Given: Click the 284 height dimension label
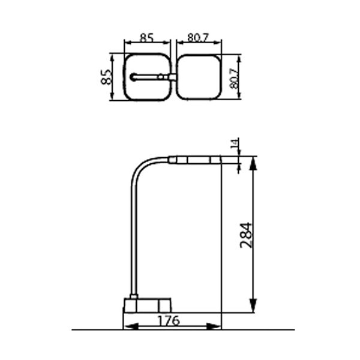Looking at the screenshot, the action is pos(246,235).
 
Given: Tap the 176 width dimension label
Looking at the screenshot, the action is pos(169,320).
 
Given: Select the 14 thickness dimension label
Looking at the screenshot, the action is pos(235,143).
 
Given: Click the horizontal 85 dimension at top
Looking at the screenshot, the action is pos(147,38).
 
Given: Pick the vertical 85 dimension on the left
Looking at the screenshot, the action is pos(106,77).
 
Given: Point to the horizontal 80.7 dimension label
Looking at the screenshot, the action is pos(198,38).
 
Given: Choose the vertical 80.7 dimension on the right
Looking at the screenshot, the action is pos(234,79).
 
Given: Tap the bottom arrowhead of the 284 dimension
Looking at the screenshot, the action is pos(253,305).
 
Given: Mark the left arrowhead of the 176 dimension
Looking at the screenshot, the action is pos(131,326).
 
